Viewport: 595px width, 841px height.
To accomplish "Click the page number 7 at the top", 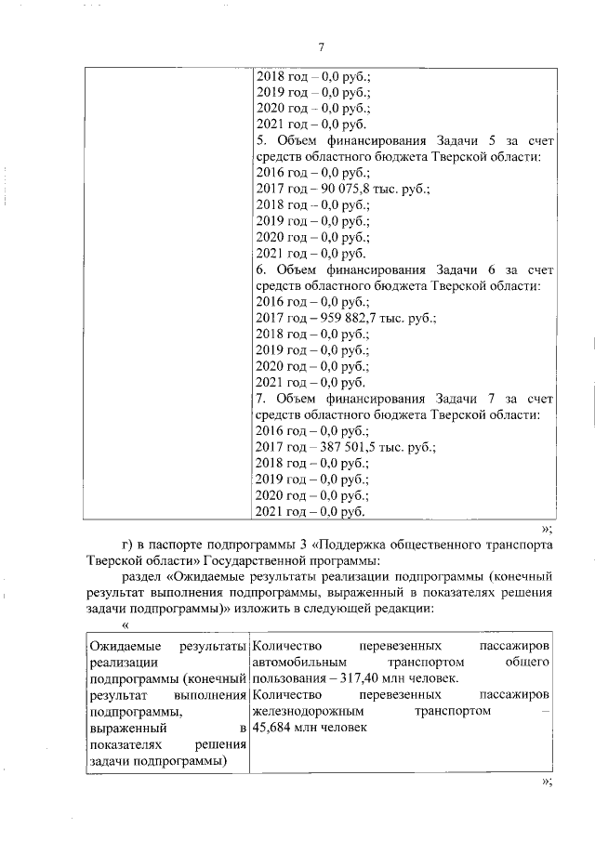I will (x=321, y=48).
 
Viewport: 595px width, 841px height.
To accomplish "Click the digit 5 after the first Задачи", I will (x=494, y=140).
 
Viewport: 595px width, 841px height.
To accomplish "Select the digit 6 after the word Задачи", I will (x=494, y=269).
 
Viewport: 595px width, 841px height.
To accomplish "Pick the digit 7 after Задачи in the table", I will (x=494, y=399).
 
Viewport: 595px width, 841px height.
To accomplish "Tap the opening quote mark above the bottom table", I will (x=124, y=626).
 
